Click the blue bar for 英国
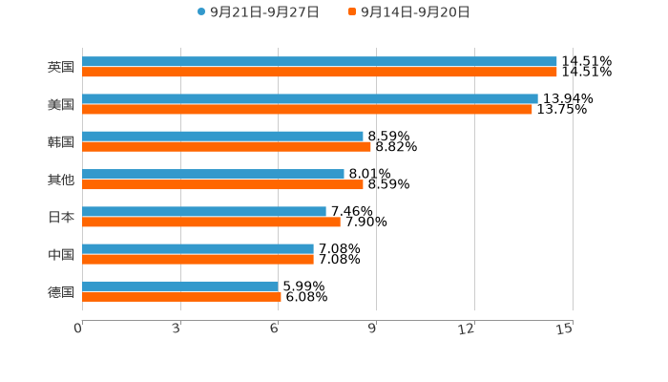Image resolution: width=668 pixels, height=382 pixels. pos(320,61)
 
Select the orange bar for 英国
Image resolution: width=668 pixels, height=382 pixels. pos(320,72)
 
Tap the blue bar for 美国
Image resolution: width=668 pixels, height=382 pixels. pos(310,98)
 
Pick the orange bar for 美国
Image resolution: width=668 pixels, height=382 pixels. pos(307,109)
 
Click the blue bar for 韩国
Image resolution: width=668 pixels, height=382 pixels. pos(222,136)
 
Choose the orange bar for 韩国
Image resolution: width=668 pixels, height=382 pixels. pos(226,146)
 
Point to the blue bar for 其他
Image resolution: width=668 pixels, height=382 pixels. pos(213,174)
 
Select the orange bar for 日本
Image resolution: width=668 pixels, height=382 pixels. pos(211,222)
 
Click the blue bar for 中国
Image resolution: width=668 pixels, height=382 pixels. pos(198,248)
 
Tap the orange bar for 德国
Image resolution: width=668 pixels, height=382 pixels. pos(181,296)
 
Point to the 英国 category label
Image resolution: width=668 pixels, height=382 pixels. pos(60,67)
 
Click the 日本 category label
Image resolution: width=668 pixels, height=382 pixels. pos(60,217)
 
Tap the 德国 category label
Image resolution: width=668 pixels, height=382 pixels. pos(60,291)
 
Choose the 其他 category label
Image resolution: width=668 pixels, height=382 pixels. pos(60,180)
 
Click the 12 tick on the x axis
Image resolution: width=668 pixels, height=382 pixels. pos(468,329)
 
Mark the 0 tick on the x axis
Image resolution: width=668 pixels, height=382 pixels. pos(78,329)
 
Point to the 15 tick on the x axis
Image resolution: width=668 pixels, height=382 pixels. pos(565,329)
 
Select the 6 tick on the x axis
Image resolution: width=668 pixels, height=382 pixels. pos(274,329)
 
